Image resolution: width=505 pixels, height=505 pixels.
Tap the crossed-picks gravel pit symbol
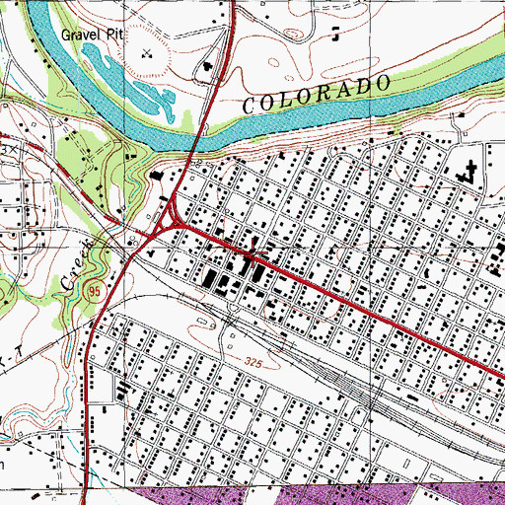coord(148,55)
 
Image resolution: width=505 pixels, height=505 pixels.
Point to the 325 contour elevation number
coord(254,364)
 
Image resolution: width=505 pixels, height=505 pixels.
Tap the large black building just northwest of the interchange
coord(157,176)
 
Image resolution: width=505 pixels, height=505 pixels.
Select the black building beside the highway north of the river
coord(208,69)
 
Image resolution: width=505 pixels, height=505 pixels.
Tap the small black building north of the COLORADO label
coord(336,36)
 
